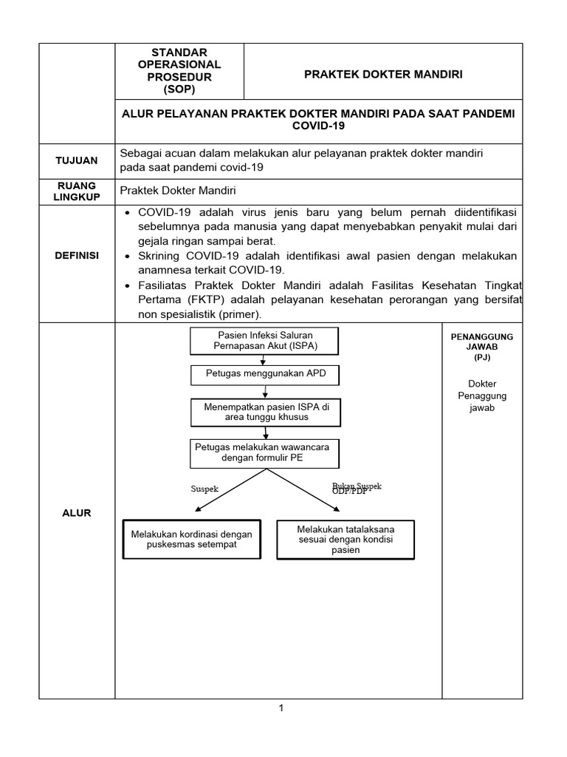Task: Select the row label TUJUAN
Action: point(77,160)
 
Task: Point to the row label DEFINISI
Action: point(77,255)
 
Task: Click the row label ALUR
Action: point(77,512)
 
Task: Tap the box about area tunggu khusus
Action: point(267,412)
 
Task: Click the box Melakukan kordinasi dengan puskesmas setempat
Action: point(191,540)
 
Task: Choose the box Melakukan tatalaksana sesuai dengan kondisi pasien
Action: point(345,540)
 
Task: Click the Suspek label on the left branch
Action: point(205,489)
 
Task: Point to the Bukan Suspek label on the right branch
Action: point(357,488)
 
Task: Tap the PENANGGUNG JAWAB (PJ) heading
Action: point(481,347)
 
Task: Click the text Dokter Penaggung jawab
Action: point(482,396)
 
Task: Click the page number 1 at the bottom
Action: point(281,709)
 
